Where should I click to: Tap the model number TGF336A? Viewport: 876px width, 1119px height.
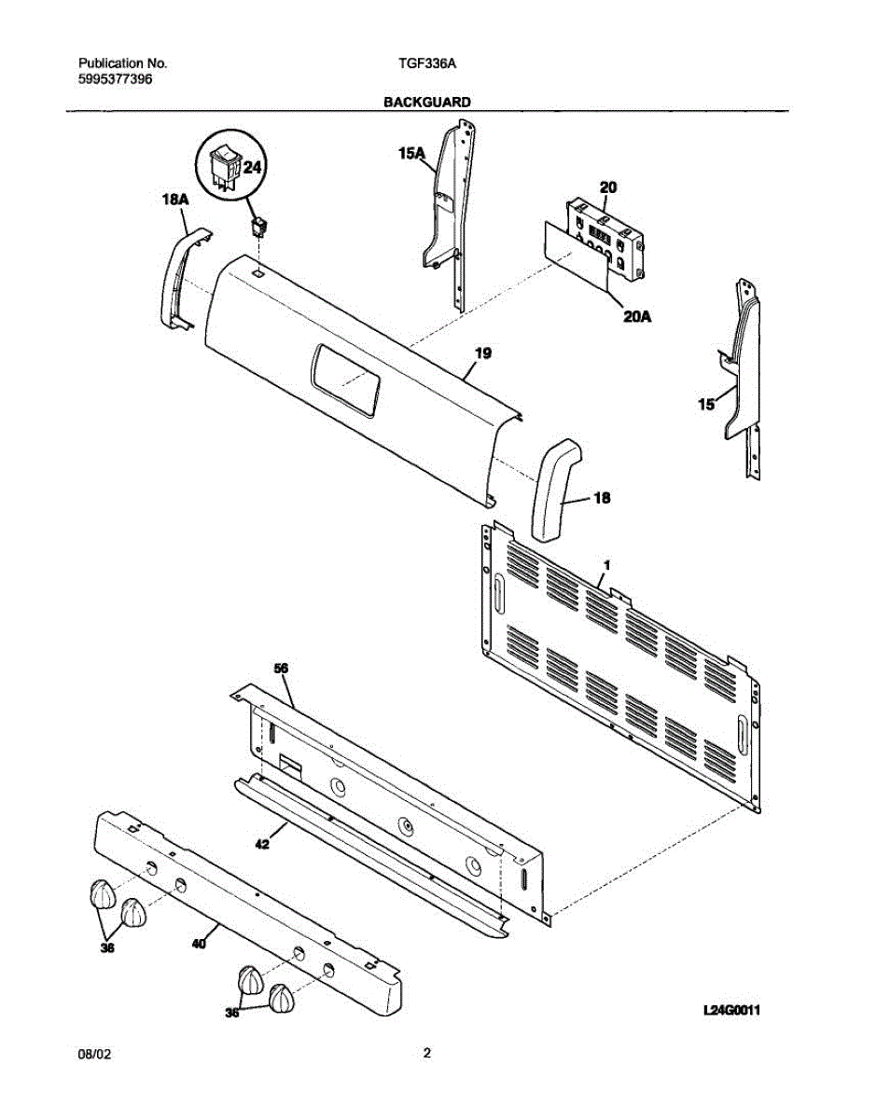pos(426,63)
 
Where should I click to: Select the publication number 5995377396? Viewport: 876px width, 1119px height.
pos(115,79)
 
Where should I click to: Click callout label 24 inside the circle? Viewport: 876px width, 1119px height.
pos(253,167)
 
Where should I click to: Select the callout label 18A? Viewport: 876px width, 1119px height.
pos(175,199)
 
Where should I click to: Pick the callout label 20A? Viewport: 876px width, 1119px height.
pos(636,317)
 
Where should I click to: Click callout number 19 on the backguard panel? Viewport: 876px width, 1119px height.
pos(483,353)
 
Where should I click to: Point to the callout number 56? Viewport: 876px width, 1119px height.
pos(281,669)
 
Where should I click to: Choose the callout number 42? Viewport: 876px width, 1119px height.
pos(262,844)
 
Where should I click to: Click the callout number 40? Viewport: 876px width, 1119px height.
pos(198,944)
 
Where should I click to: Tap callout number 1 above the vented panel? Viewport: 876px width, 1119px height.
pos(606,566)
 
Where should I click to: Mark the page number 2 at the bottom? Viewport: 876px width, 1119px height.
pos(426,1054)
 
